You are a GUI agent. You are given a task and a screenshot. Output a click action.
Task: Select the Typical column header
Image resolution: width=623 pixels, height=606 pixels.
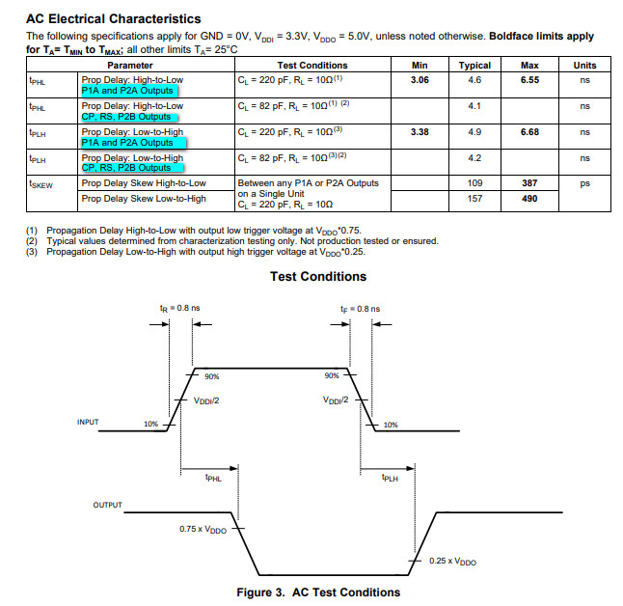[x=474, y=66]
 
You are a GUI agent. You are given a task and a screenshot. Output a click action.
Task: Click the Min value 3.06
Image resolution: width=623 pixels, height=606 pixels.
[x=419, y=80]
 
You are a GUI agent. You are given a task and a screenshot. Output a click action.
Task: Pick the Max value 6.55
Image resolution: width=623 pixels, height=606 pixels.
[x=529, y=80]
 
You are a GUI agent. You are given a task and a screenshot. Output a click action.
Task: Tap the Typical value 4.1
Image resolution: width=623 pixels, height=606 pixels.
[x=474, y=105]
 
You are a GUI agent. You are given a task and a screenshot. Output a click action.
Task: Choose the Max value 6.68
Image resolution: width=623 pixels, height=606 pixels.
[x=529, y=131]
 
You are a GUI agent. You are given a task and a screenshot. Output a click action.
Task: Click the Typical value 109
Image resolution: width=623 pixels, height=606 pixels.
[x=474, y=182]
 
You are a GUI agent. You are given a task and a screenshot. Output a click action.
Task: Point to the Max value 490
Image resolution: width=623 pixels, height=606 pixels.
[x=529, y=199]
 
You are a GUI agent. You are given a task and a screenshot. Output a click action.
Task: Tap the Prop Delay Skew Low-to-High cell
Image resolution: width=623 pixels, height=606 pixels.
[x=144, y=199]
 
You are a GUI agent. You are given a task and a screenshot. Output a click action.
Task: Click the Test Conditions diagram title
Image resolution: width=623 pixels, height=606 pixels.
[x=319, y=277]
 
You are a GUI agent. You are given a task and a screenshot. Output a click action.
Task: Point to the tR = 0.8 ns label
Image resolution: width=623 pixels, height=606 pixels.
[x=179, y=308]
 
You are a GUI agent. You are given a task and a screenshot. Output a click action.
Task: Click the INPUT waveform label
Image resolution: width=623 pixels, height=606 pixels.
[x=88, y=423]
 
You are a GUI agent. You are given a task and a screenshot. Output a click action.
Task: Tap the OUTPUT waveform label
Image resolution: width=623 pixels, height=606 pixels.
[x=107, y=506]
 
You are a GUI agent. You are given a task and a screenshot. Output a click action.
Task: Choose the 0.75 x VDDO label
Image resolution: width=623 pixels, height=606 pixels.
[x=203, y=529]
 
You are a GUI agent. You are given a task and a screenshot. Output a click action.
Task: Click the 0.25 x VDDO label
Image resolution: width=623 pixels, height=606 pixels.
[x=452, y=562]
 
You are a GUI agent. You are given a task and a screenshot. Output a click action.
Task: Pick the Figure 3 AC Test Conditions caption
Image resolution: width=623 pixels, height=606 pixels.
[x=318, y=592]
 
